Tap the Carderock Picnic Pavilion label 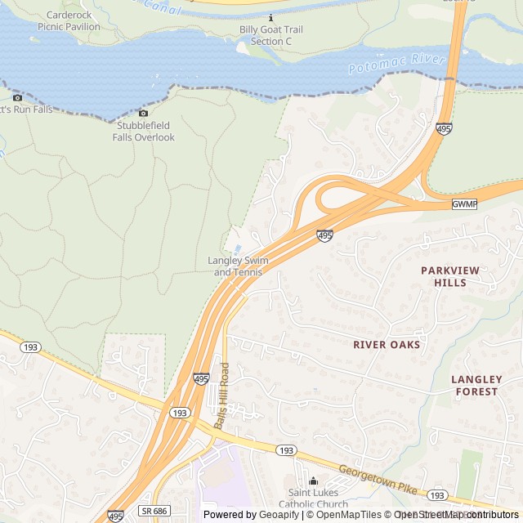69,21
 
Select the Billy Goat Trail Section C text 270,35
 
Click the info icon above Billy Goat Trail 270,17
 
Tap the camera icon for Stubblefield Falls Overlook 144,113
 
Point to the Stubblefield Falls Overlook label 144,132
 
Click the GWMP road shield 463,203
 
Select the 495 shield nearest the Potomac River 444,129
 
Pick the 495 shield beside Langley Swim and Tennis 324,235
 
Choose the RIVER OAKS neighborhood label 387,345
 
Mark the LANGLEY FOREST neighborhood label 475,386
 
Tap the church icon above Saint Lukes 313,481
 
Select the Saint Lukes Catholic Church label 314,498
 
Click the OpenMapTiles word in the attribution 350,514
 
